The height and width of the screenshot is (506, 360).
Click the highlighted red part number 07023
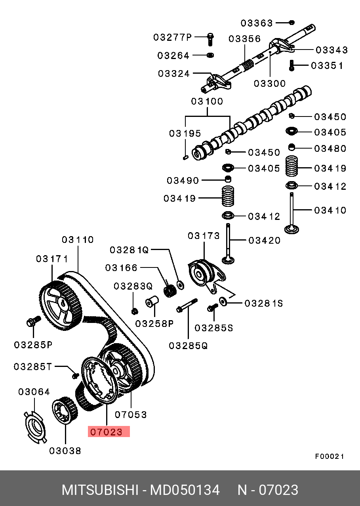(106, 432)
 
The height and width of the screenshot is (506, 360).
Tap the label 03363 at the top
(257, 23)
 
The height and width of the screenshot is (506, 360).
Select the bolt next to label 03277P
(210, 39)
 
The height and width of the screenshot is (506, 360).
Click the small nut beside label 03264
(210, 55)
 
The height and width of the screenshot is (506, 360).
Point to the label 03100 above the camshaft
(207, 101)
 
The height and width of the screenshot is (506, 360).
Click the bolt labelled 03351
(291, 65)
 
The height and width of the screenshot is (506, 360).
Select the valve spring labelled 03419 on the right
(291, 166)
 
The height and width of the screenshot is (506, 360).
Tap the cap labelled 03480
(292, 147)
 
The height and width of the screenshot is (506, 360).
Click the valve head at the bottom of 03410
(291, 229)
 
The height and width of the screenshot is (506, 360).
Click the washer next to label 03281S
(223, 302)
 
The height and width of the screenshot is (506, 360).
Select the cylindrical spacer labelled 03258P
(152, 301)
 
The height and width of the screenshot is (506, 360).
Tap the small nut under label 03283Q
(135, 311)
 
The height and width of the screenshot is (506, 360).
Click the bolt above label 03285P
(33, 321)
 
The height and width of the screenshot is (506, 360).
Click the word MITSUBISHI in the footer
(100, 490)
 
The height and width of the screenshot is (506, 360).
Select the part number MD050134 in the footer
(185, 490)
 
